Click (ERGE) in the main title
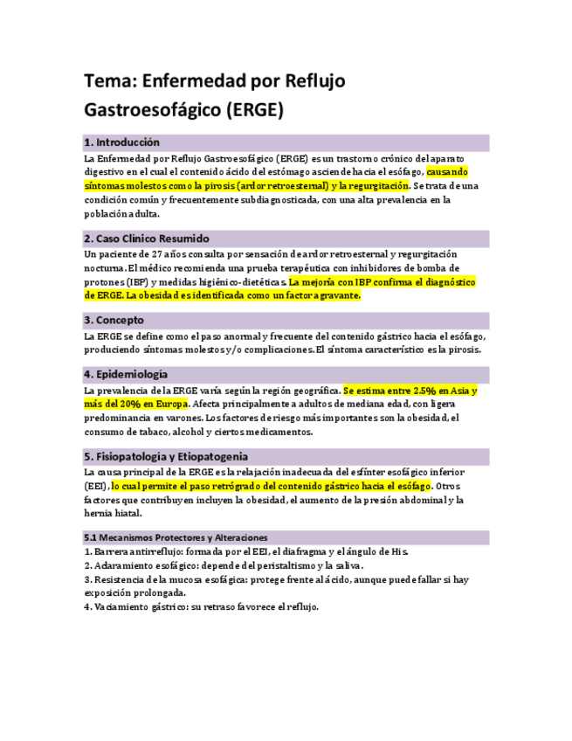(x=254, y=111)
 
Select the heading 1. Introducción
(x=122, y=142)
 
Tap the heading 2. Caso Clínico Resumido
(x=147, y=239)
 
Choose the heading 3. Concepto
(x=114, y=321)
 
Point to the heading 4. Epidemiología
(x=127, y=374)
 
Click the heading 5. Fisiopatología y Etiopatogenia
(x=166, y=456)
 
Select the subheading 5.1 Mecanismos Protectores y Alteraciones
(x=176, y=537)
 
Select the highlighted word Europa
(x=169, y=405)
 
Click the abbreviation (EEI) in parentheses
(x=95, y=486)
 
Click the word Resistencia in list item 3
(x=121, y=579)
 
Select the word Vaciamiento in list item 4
(x=124, y=606)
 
